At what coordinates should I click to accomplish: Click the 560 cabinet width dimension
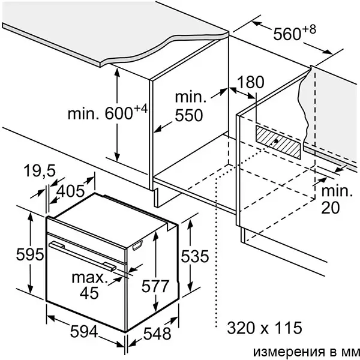(x=287, y=34)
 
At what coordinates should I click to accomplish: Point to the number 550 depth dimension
(x=189, y=115)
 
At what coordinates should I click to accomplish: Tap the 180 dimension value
(x=250, y=82)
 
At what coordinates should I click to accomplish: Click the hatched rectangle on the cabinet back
(x=278, y=142)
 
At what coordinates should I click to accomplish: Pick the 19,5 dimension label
(x=40, y=170)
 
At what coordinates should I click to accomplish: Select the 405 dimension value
(x=70, y=191)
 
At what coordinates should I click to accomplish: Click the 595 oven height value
(x=30, y=254)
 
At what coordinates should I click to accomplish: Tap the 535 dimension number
(x=195, y=256)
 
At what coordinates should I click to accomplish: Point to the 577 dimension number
(x=155, y=286)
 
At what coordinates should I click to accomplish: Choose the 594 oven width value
(x=84, y=332)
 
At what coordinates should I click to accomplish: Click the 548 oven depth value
(x=157, y=334)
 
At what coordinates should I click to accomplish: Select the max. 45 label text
(x=89, y=286)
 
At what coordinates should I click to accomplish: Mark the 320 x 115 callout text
(x=265, y=328)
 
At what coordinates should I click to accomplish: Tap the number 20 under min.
(x=330, y=208)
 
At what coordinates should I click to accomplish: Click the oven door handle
(x=83, y=256)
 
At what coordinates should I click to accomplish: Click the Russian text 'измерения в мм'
(x=306, y=352)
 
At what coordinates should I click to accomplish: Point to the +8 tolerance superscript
(x=309, y=29)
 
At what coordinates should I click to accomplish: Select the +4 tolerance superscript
(x=140, y=109)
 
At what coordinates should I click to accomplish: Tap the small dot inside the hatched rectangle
(x=276, y=141)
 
